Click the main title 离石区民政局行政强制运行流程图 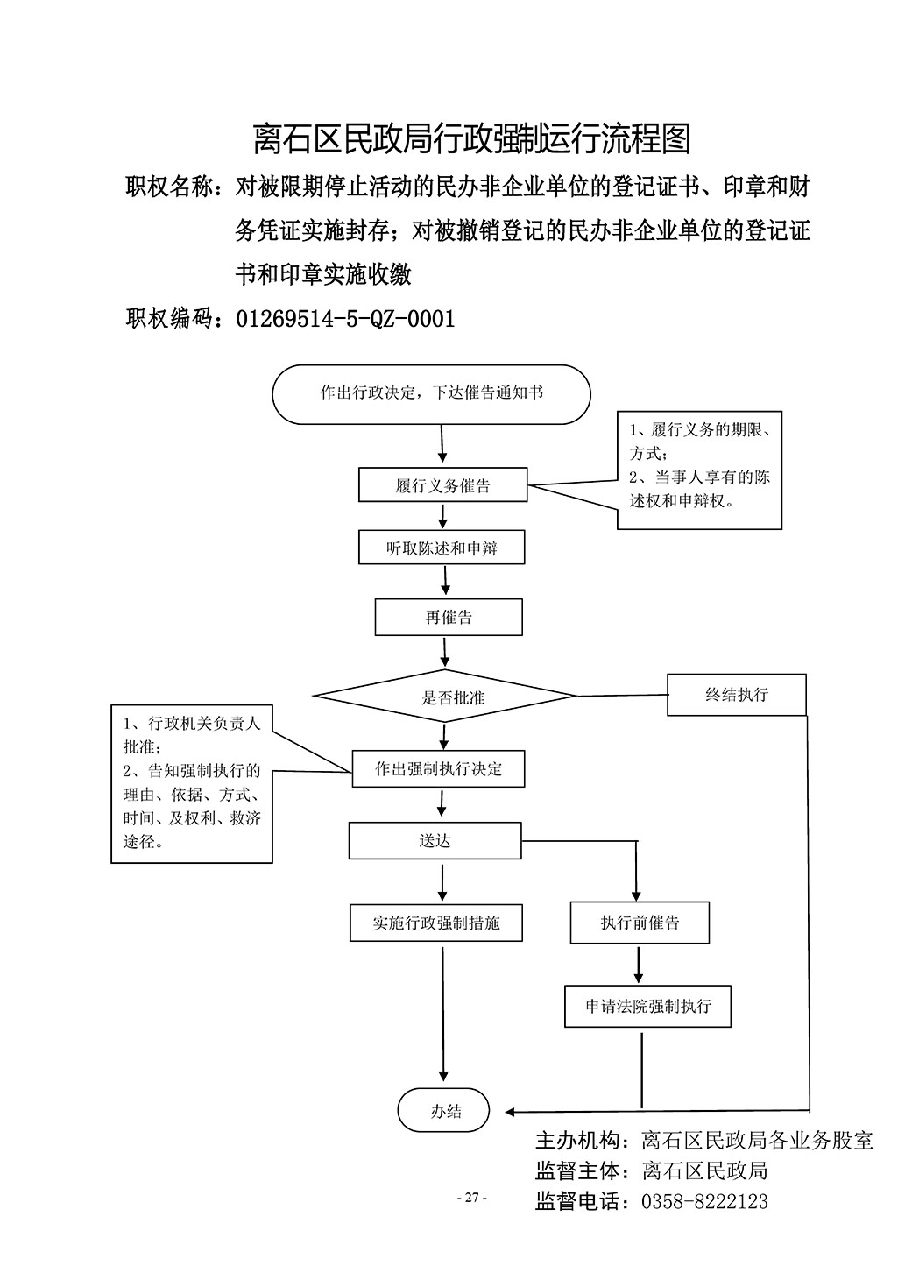[472, 138]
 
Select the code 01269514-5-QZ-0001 [345, 319]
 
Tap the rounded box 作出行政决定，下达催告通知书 [431, 394]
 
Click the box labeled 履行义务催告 [442, 485]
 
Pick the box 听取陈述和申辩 [442, 548]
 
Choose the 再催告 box [449, 617]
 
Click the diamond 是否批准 [445, 696]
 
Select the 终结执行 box [737, 695]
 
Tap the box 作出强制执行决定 [438, 768]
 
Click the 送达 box [435, 840]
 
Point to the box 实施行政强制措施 [436, 923]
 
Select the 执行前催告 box [640, 923]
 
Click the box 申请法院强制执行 [648, 1007]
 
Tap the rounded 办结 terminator [444, 1110]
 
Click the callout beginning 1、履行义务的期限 [699, 470]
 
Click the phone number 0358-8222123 [704, 1202]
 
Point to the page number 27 [471, 1198]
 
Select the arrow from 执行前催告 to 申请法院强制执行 [639, 965]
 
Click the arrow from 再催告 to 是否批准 [444, 653]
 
